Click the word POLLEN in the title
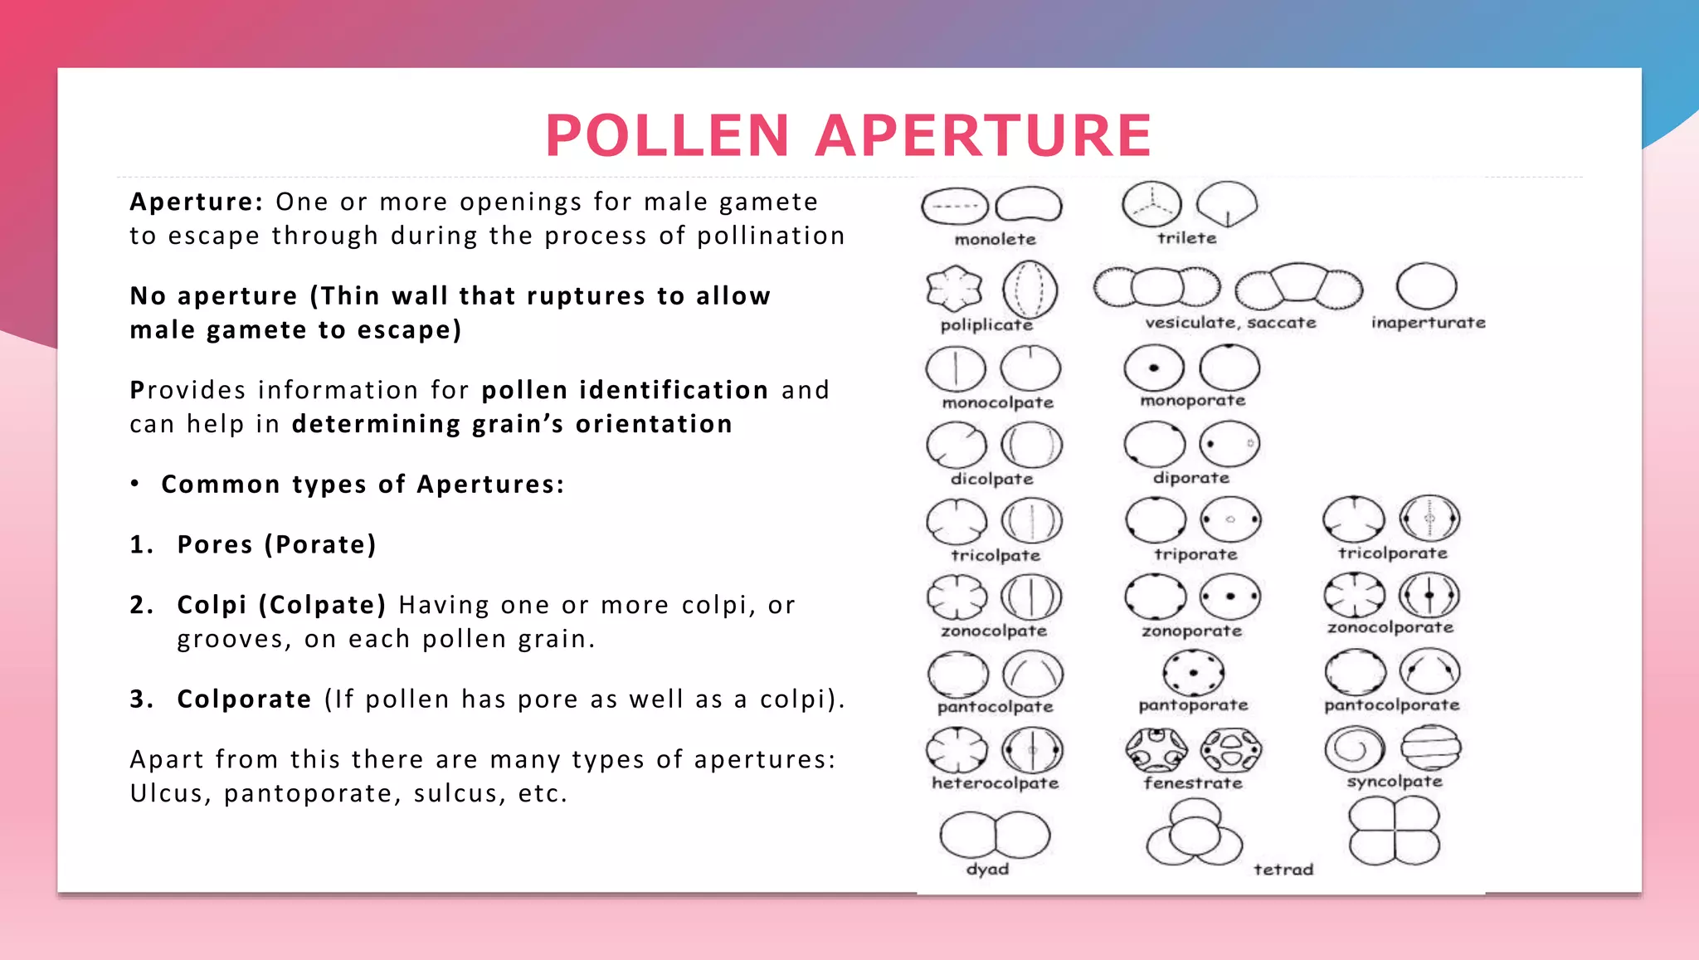[x=667, y=135]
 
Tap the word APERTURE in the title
[x=984, y=135]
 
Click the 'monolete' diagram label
[x=995, y=240]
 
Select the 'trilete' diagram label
[x=1186, y=238]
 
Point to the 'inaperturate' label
[x=1428, y=323]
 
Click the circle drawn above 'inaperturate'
[x=1426, y=286]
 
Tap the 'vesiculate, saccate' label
[x=1230, y=323]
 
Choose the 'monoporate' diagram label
[x=1192, y=401]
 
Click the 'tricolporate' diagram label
[x=1392, y=553]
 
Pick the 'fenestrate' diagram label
[x=1192, y=782]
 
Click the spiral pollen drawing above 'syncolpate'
[x=1354, y=748]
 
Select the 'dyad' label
[x=987, y=869]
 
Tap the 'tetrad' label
[x=1283, y=870]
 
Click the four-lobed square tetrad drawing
[x=1394, y=831]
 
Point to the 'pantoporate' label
[x=1192, y=705]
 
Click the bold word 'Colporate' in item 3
[x=244, y=699]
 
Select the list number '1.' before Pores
[x=141, y=545]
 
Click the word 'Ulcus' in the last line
[x=166, y=794]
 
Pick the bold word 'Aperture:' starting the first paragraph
[x=197, y=202]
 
